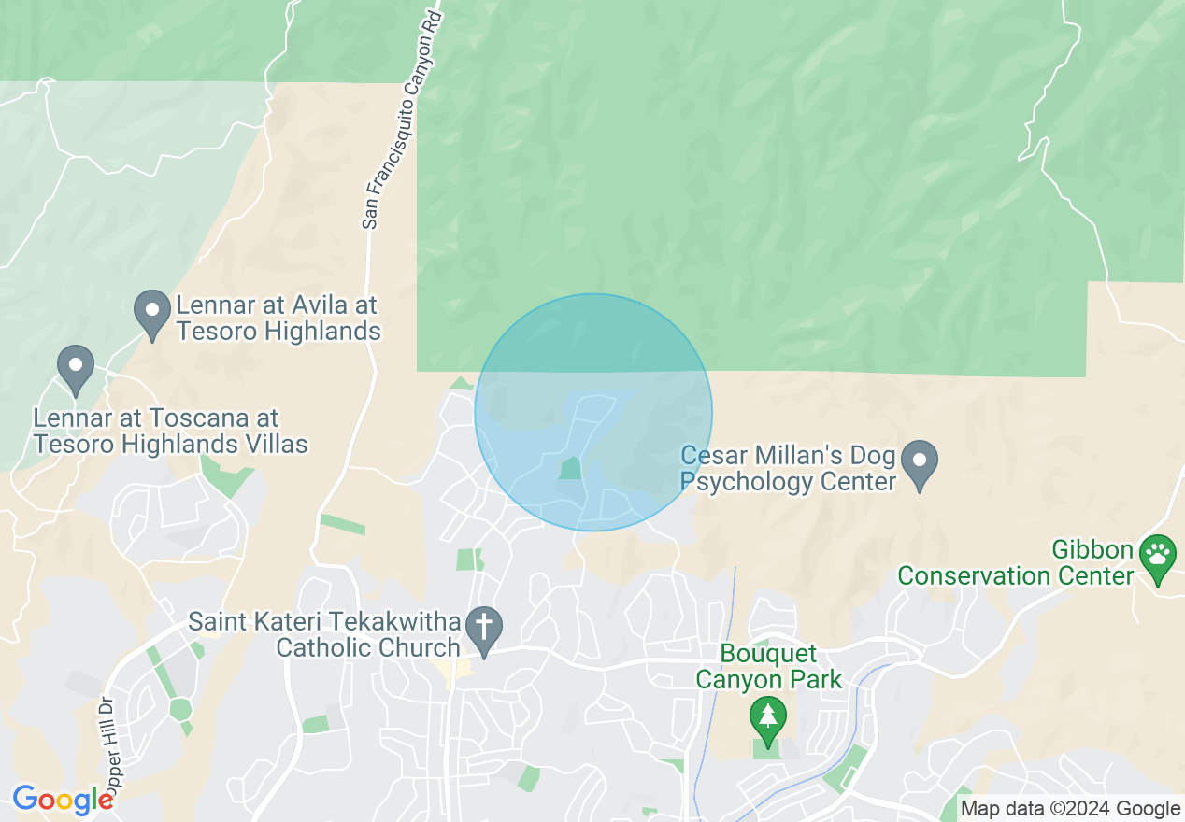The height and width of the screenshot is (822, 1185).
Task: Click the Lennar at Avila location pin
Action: (x=150, y=313)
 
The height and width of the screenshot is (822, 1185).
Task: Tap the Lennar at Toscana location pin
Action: (x=76, y=368)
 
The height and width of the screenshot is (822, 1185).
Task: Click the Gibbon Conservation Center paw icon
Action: (x=1159, y=557)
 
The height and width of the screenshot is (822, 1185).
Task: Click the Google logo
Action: (x=63, y=800)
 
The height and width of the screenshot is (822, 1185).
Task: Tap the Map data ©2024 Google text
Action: (x=1071, y=808)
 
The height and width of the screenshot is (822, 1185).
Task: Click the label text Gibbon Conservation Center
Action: (x=1015, y=562)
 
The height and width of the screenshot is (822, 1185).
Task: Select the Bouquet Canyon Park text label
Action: (x=769, y=666)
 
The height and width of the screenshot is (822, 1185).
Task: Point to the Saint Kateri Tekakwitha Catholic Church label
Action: (x=325, y=634)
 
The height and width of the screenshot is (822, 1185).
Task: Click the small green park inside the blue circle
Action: (x=569, y=468)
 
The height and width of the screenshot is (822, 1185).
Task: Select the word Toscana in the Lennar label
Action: (x=209, y=418)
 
